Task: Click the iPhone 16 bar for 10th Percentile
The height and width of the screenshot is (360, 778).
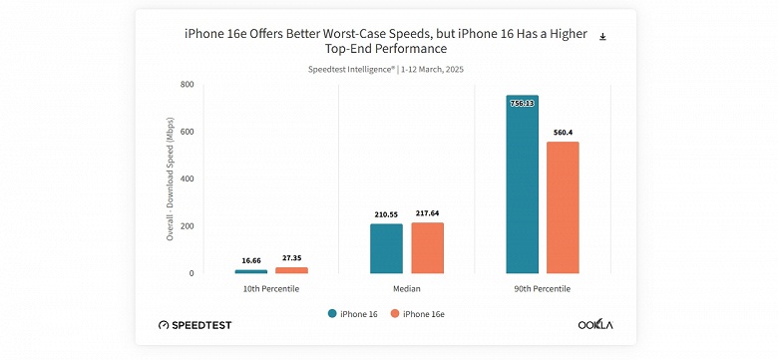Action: pos(251,271)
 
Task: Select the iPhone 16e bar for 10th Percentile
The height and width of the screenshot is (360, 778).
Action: pos(291,270)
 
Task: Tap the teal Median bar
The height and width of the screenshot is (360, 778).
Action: pos(386,248)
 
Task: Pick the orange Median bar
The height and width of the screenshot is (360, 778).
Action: pos(427,247)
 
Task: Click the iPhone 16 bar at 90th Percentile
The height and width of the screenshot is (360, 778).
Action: pos(522,184)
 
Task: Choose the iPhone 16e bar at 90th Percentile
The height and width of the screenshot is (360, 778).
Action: pos(563,207)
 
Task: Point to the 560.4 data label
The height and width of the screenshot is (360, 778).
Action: pos(563,133)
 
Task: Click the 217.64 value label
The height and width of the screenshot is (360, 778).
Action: pos(427,212)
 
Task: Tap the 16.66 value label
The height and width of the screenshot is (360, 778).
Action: pos(251,260)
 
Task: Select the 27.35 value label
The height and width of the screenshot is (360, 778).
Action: pos(291,257)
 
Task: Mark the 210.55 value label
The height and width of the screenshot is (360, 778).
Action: pos(386,214)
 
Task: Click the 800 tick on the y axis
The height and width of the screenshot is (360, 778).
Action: pos(187,85)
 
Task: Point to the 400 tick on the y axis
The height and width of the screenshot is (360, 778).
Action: pos(187,180)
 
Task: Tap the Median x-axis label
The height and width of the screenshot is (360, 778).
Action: pos(406,288)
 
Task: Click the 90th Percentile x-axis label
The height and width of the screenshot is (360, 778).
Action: pos(543,288)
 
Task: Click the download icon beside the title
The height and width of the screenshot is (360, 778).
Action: pos(602,37)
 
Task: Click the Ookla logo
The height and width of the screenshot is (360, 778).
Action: pos(596,325)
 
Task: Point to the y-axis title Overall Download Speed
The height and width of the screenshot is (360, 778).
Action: pos(170,180)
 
